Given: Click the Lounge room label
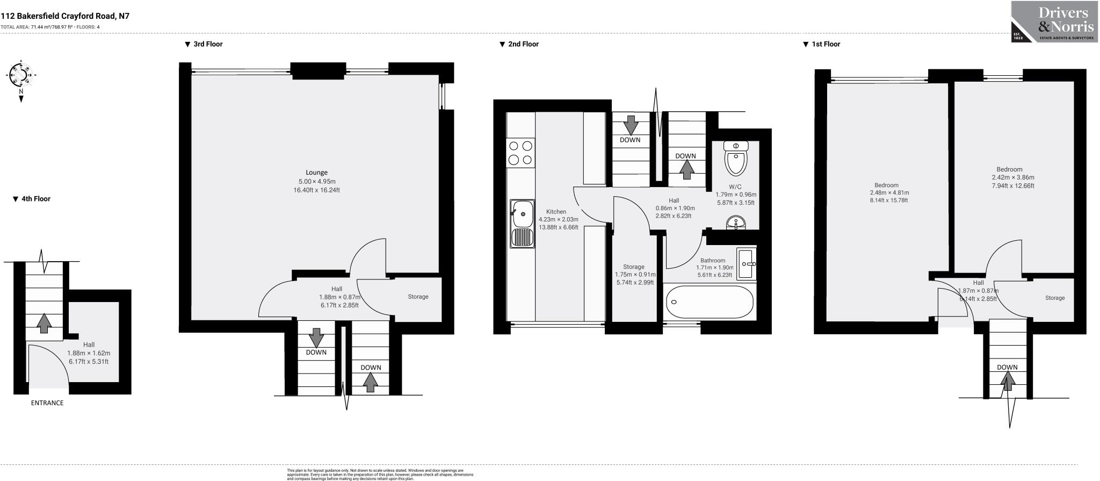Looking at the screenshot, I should (316, 173).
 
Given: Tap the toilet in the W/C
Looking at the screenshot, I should (736, 159).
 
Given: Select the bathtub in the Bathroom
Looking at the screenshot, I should (710, 302).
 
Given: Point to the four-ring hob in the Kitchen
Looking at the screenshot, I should (520, 152).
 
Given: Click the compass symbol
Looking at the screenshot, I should (21, 75).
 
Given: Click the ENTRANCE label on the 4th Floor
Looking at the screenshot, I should (47, 403).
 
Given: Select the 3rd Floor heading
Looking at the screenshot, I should (207, 44).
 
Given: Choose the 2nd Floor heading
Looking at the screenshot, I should (523, 44).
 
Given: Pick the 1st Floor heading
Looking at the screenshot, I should (825, 44).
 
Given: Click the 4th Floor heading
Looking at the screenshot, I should (35, 199).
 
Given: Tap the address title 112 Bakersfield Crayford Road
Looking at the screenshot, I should (65, 16).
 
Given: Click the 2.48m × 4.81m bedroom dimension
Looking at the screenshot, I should (889, 192).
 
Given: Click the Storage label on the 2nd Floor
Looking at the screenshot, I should (633, 267).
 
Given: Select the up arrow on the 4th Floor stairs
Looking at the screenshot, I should (44, 322).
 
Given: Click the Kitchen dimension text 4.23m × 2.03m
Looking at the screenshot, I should (558, 219).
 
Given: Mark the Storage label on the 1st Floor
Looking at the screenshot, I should (1054, 298).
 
